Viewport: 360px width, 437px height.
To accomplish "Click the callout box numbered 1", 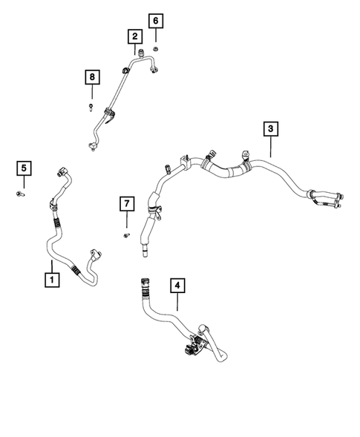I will click(51, 280).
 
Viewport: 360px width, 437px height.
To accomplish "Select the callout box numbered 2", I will click(134, 36).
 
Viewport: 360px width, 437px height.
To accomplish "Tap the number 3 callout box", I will click(270, 129).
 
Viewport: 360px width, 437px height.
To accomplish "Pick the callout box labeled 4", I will click(177, 285).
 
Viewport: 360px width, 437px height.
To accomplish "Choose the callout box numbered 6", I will click(155, 20).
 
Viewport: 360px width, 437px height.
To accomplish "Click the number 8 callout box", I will click(92, 76).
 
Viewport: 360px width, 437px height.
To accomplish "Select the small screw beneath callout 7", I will click(125, 235).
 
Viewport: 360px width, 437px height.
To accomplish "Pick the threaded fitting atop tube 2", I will click(140, 52).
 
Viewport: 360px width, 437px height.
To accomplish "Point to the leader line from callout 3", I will click(270, 147).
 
